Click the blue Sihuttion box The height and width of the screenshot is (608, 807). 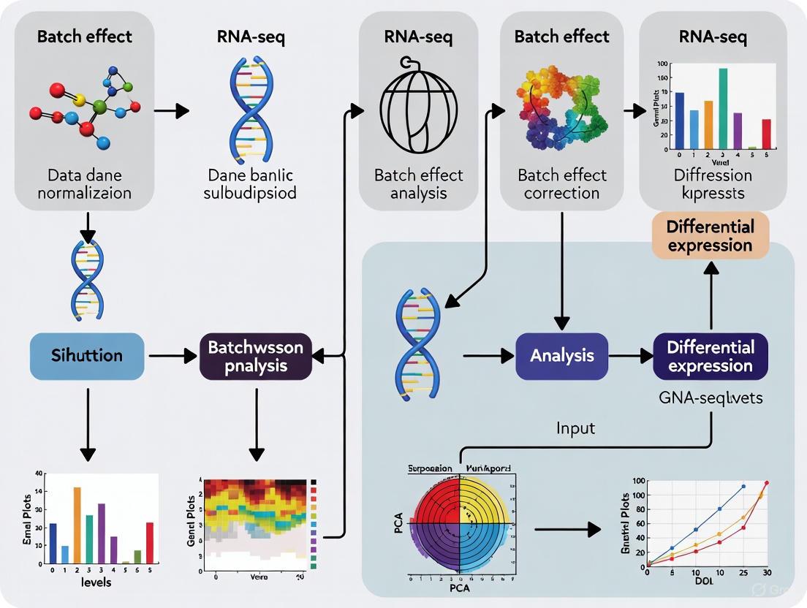click(87, 356)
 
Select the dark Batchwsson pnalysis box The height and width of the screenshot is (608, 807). click(256, 356)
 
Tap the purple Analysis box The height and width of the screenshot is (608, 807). click(561, 356)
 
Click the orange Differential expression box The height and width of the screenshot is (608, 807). click(710, 235)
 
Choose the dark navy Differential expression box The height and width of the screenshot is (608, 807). click(710, 356)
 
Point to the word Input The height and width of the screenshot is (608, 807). click(575, 427)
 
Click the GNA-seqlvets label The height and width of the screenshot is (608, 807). click(710, 398)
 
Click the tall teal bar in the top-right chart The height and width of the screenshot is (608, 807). click(723, 109)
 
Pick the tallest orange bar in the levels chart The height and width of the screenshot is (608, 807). click(77, 523)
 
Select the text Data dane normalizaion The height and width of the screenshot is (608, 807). click(84, 184)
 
